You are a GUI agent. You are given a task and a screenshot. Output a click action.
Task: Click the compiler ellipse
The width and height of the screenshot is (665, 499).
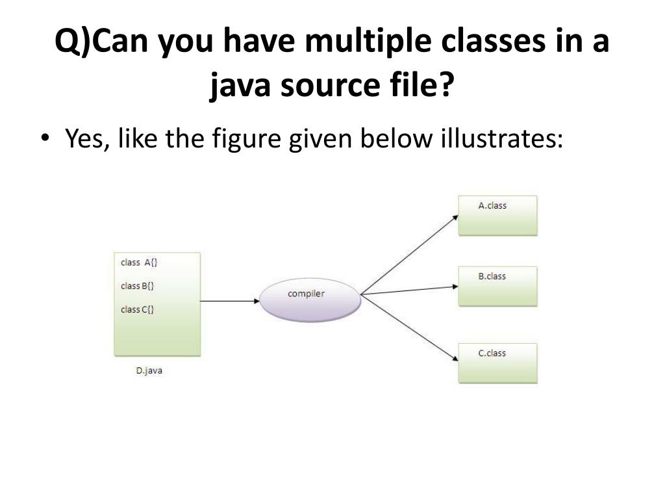310,298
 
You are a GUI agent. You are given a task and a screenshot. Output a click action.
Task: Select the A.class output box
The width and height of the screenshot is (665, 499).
498,215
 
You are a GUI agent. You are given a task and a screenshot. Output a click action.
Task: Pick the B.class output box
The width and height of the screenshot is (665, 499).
498,286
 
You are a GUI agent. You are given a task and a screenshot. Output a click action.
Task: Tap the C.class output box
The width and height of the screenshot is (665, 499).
498,363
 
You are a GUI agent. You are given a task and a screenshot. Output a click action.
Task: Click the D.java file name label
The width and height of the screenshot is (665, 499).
149,372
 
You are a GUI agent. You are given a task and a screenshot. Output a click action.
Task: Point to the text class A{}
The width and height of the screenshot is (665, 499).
139,262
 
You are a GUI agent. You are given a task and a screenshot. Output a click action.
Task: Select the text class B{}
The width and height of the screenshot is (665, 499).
137,286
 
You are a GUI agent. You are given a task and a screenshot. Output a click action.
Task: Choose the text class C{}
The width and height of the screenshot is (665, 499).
137,309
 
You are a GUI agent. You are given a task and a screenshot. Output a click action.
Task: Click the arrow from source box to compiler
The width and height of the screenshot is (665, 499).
229,301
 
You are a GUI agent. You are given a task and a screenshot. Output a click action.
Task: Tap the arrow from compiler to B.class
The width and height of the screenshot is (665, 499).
409,290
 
